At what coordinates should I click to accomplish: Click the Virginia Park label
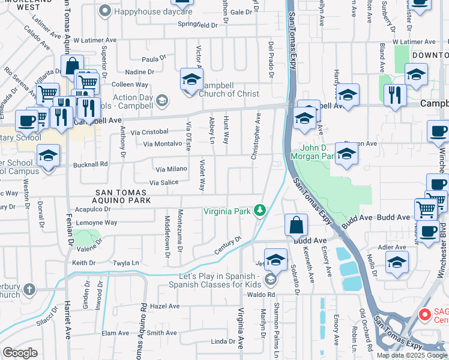[227, 211]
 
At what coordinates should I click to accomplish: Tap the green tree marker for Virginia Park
[259, 210]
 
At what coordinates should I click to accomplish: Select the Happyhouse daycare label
[146, 11]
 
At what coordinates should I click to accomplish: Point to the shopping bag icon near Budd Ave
[297, 226]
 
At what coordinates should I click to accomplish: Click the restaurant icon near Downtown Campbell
[394, 95]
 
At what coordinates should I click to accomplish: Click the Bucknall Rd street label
[90, 163]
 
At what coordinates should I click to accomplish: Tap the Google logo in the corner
[20, 353]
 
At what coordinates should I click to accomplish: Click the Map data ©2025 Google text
[412, 355]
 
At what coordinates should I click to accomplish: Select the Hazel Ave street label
[165, 306]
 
